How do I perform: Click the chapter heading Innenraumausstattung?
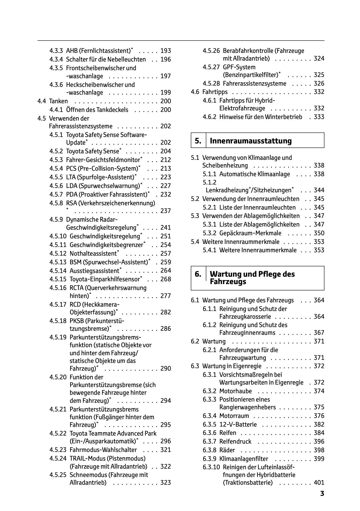tap(251, 141)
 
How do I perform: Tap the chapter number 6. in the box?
tap(198, 274)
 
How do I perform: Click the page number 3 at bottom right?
tap(322, 494)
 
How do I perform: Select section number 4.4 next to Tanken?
tap(42, 101)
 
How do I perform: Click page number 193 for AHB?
tap(166, 51)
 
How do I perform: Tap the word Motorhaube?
tap(235, 391)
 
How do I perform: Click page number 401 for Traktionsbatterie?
tap(319, 483)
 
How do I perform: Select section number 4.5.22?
tap(58, 433)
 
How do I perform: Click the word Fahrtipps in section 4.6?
tap(215, 92)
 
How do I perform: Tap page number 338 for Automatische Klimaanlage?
tap(319, 174)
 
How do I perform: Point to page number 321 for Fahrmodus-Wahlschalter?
tap(166, 450)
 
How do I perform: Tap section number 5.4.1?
tap(210, 250)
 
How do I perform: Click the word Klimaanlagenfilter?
tap(244, 459)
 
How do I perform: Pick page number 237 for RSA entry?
tap(166, 211)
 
